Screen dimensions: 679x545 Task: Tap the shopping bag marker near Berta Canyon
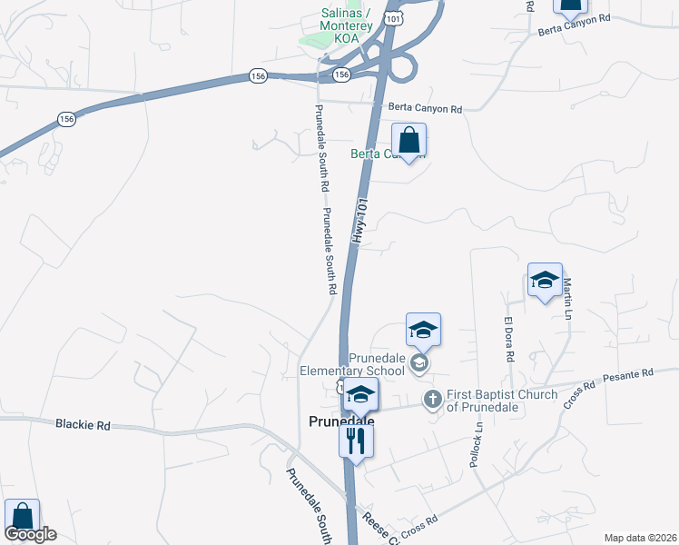click(408, 142)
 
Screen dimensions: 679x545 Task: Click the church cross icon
click(433, 398)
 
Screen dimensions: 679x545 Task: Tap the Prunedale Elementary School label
click(354, 364)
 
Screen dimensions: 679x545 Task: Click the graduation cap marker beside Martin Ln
click(545, 281)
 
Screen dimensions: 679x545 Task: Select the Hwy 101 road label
click(360, 221)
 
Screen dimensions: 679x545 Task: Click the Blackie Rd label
click(83, 424)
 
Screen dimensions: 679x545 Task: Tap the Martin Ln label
click(568, 299)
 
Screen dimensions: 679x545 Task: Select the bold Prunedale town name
click(342, 421)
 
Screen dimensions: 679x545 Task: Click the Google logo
click(30, 534)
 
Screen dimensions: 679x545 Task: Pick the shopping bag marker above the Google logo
click(22, 516)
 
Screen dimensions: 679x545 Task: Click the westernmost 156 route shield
click(66, 119)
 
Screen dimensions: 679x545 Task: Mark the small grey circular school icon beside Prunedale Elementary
click(419, 364)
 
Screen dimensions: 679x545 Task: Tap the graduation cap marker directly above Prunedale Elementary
click(423, 330)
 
